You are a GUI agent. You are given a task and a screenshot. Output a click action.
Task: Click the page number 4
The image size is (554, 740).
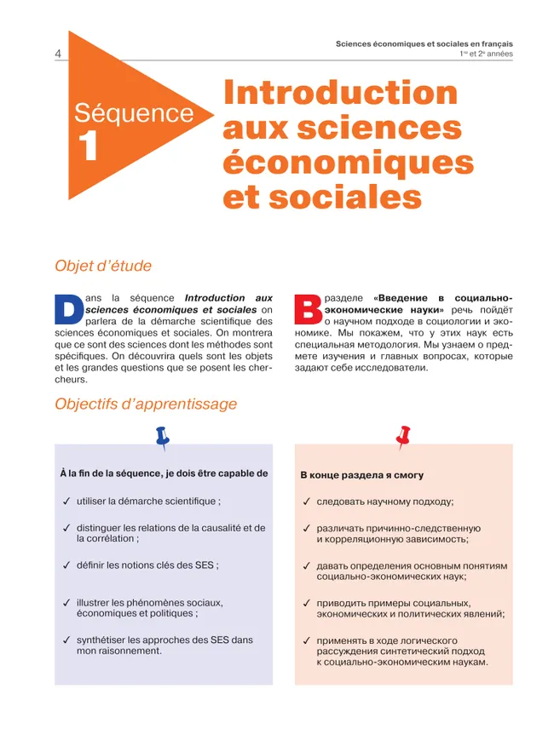57,54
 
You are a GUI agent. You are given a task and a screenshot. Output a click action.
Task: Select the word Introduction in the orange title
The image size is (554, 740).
340,94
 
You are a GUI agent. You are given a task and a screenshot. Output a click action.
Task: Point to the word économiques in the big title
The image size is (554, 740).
348,162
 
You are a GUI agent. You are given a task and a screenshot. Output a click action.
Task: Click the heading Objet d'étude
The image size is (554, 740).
103,266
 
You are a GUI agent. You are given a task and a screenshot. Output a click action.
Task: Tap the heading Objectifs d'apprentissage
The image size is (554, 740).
146,404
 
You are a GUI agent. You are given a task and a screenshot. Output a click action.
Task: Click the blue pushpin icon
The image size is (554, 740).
162,438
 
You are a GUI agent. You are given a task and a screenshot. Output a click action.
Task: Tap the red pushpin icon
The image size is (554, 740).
403,437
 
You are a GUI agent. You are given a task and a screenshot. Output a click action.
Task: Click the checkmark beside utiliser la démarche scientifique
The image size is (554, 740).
66,502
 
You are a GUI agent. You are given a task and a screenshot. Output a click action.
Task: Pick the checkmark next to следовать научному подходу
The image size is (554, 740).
307,502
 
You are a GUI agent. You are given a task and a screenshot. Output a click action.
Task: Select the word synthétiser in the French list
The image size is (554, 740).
105,640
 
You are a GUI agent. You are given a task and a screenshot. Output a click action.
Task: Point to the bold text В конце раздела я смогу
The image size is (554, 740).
361,475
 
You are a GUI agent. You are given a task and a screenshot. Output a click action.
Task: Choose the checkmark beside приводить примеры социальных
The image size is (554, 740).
307,604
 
